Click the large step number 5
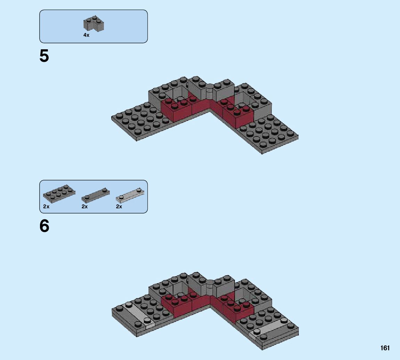[44, 56]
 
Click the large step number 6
[44, 226]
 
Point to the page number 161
[385, 348]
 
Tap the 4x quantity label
[86, 35]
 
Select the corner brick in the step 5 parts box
[94, 24]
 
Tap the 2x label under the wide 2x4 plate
[47, 207]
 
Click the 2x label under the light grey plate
[119, 207]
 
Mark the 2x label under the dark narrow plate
[85, 207]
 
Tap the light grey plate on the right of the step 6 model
[270, 327]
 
